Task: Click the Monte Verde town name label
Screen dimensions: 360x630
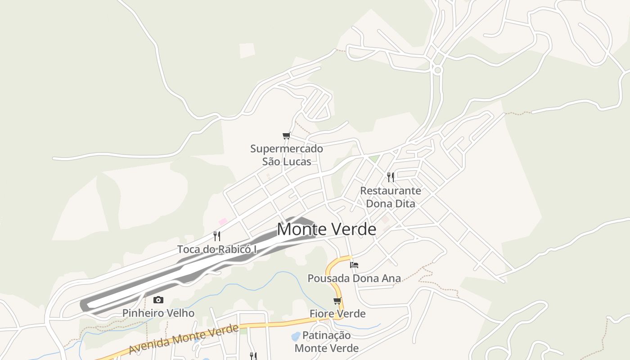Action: click(326, 229)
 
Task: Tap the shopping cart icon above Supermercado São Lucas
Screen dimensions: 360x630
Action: click(286, 135)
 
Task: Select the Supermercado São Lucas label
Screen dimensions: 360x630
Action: click(287, 155)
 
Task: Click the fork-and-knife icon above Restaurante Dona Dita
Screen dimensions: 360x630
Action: click(391, 177)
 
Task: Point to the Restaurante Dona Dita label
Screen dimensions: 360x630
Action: click(391, 197)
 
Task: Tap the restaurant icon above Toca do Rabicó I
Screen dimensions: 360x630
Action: click(217, 236)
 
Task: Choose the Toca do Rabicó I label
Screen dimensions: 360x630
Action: click(217, 249)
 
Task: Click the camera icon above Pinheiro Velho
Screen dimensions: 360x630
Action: click(158, 300)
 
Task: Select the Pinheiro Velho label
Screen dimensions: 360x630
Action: click(158, 313)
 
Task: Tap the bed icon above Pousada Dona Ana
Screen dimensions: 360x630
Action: click(354, 265)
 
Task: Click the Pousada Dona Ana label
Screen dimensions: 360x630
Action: click(354, 279)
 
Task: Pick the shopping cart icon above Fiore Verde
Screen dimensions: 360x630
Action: click(337, 301)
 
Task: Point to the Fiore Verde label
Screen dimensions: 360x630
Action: click(337, 314)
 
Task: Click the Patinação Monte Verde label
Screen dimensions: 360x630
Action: click(327, 342)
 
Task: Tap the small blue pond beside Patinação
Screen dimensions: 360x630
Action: click(296, 336)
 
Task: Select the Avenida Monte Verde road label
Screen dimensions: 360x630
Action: click(183, 339)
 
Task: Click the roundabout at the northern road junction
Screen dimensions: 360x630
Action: click(437, 70)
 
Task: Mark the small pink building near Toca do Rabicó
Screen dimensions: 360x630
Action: click(223, 221)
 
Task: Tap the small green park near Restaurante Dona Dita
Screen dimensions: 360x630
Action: click(374, 159)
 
